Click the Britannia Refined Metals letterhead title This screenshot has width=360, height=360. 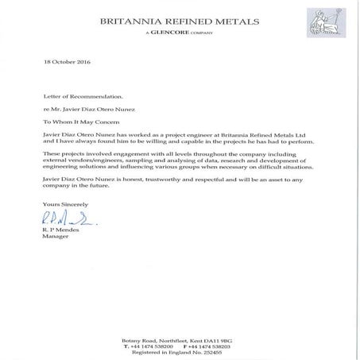click(180, 21)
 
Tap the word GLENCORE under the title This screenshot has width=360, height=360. click(168, 35)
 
